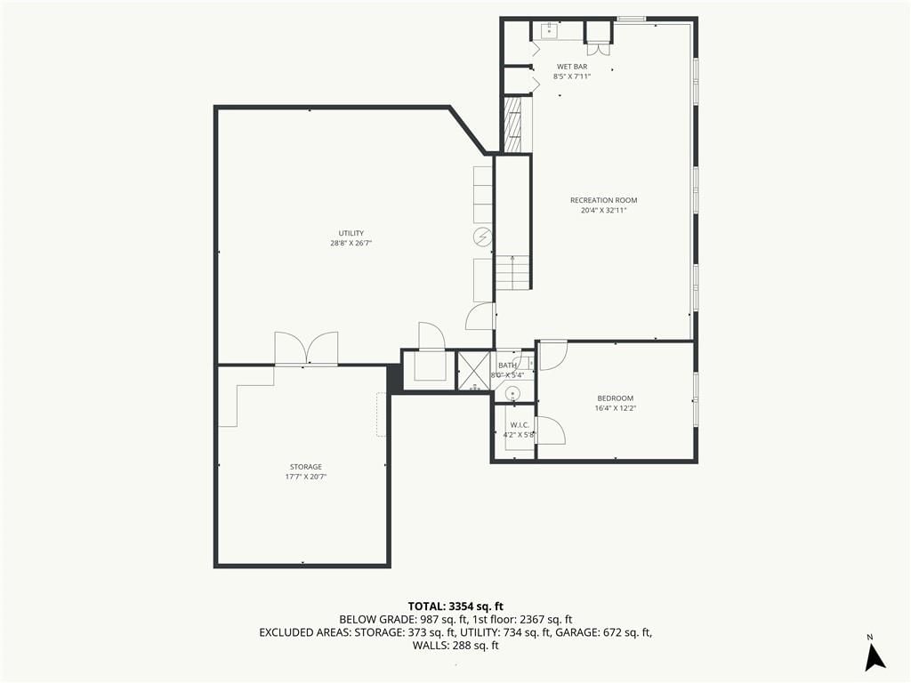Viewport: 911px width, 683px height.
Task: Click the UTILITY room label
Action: pyautogui.click(x=351, y=234)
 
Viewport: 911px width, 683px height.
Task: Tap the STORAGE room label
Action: pyautogui.click(x=306, y=467)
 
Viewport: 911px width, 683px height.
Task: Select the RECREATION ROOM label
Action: pyautogui.click(x=604, y=200)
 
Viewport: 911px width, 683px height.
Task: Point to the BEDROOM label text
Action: pyautogui.click(x=616, y=398)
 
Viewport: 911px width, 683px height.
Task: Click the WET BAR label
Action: pyautogui.click(x=572, y=67)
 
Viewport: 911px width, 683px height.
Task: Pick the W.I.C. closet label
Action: pyautogui.click(x=520, y=425)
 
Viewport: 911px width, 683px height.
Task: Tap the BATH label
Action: pyautogui.click(x=507, y=366)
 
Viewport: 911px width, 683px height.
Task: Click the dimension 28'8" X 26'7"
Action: pyautogui.click(x=351, y=244)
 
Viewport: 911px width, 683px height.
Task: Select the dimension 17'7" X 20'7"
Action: pyautogui.click(x=306, y=477)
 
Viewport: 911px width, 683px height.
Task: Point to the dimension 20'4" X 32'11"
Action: pyautogui.click(x=604, y=210)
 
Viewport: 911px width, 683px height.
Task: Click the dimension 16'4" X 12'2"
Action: pyautogui.click(x=616, y=408)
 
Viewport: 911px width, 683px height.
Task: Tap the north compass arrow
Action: pyautogui.click(x=875, y=657)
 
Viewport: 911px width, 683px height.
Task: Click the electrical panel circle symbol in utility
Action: pyautogui.click(x=483, y=237)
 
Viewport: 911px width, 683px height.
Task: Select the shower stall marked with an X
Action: pyautogui.click(x=474, y=370)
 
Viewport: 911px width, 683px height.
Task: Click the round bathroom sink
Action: pyautogui.click(x=512, y=394)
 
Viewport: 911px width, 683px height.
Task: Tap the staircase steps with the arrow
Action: pyautogui.click(x=512, y=272)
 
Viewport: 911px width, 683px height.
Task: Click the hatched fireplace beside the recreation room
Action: pyautogui.click(x=513, y=125)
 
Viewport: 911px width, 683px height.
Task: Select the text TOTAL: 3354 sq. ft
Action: pyautogui.click(x=455, y=607)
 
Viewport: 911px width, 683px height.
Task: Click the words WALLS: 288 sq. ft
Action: pyautogui.click(x=455, y=646)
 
